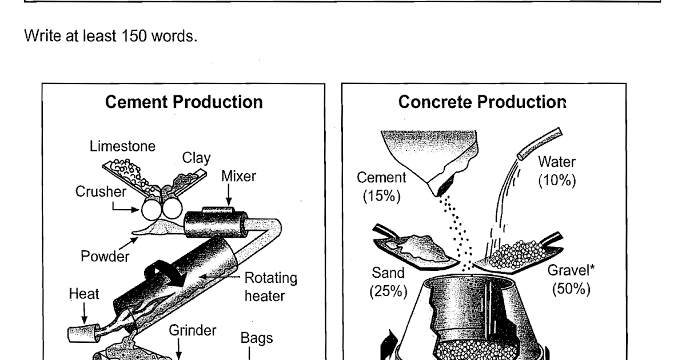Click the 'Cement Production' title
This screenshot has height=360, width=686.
pos(184,102)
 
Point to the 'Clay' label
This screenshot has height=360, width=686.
pos(196,158)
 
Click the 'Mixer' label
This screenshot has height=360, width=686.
pos(238,177)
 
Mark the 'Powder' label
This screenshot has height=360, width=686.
pos(105,257)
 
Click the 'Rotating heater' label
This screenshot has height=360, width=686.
pos(270,287)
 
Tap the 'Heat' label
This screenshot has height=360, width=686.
pos(83,294)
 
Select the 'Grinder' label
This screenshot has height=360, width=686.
pos(192,330)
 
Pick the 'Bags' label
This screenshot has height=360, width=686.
pos(252,339)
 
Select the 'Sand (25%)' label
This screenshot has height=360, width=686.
pos(388,282)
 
